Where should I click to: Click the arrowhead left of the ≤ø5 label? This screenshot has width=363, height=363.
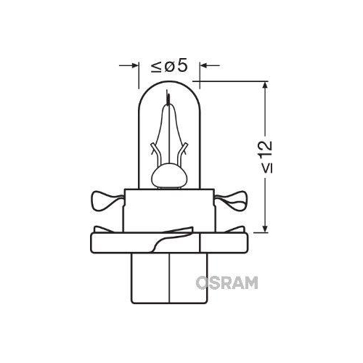pyautogui.click(x=134, y=66)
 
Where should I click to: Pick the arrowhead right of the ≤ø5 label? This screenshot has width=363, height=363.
pyautogui.click(x=203, y=66)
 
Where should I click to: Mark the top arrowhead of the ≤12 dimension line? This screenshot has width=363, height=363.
pyautogui.click(x=267, y=86)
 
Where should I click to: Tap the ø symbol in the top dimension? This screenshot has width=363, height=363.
pyautogui.click(x=169, y=66)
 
